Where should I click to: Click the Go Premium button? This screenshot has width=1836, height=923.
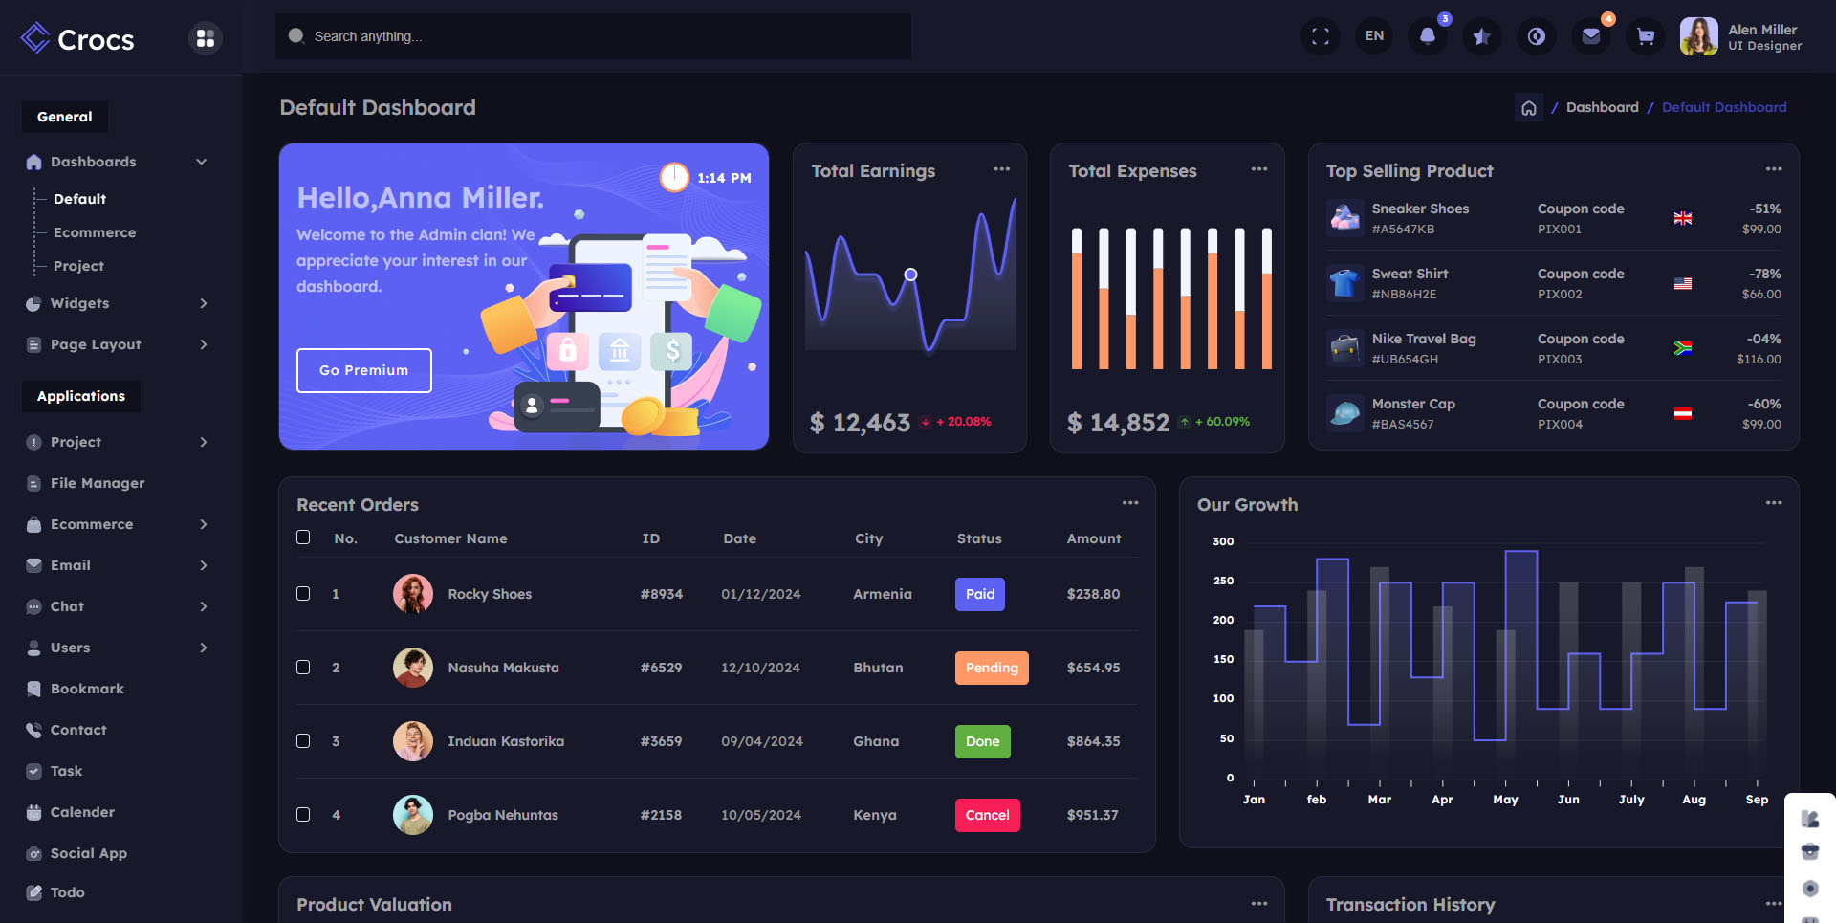pos(363,370)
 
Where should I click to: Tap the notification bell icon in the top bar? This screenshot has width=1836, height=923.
pos(1427,36)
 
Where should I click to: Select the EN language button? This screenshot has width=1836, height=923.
pos(1374,36)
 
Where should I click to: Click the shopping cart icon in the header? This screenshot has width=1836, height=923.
pos(1645,36)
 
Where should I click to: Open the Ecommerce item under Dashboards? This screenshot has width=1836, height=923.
pos(94,232)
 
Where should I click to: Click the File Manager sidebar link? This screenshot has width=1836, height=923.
pos(98,483)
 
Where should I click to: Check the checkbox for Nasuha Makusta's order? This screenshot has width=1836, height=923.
pos(303,668)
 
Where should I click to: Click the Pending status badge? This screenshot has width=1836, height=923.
pos(992,668)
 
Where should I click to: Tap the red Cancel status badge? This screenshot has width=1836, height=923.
pos(987,815)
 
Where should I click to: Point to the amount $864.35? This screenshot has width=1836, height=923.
pos(1093,741)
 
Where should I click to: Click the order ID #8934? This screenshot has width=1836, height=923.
pos(662,594)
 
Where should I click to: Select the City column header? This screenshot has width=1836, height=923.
pos(868,538)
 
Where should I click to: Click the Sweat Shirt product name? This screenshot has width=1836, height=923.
pos(1410,274)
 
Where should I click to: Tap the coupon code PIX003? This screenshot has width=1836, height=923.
pos(1560,360)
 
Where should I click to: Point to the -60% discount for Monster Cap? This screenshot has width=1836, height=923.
pos(1763,404)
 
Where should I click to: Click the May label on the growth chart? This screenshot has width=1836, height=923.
pos(1505,800)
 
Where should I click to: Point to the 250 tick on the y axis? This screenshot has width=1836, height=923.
pos(1223,581)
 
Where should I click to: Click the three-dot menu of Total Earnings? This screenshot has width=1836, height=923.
pos(1001,169)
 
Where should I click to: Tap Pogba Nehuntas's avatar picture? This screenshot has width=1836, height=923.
pos(413,815)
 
